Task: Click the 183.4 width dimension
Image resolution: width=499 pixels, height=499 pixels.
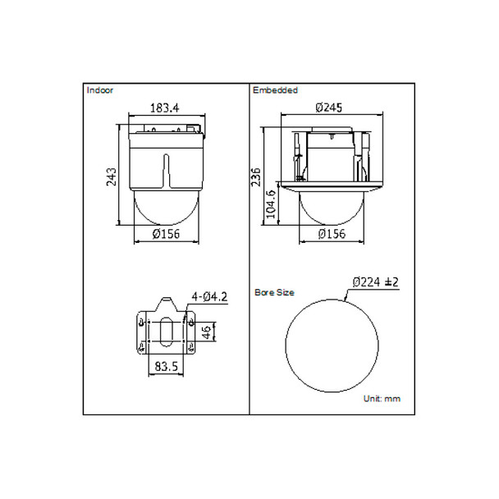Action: coord(164,108)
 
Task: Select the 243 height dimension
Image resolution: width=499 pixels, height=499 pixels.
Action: coord(112,176)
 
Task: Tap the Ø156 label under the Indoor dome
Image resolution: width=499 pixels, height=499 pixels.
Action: coord(166,234)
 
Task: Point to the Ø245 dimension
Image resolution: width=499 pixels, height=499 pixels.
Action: coord(329,108)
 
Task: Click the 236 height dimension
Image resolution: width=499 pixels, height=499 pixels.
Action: coord(256,176)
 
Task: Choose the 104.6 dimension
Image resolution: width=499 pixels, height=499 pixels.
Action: coord(271,204)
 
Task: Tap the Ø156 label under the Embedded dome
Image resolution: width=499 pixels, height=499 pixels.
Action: coord(332,234)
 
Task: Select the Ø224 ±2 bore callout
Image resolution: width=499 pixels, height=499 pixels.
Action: coord(376,282)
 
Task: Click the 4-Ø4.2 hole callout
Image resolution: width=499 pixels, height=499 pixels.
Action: coord(209,297)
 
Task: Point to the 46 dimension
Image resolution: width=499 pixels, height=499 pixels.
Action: coord(207,332)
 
